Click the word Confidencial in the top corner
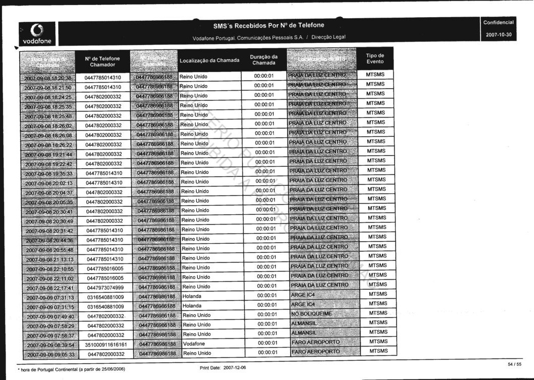(x=498, y=23)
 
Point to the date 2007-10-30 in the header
(x=498, y=35)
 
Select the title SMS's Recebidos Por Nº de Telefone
(x=268, y=25)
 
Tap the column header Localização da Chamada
(x=209, y=61)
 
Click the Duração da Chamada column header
(x=264, y=60)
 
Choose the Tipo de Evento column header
(x=375, y=59)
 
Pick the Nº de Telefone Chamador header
(x=102, y=62)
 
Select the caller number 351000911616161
(x=105, y=344)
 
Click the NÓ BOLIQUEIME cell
(x=311, y=314)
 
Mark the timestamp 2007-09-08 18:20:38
(x=48, y=78)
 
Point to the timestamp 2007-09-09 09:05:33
(x=51, y=354)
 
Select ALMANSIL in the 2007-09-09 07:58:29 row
(x=304, y=323)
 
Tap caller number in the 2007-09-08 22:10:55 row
(x=105, y=269)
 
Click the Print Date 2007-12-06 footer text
(x=223, y=367)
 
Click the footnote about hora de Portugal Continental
(x=70, y=368)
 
